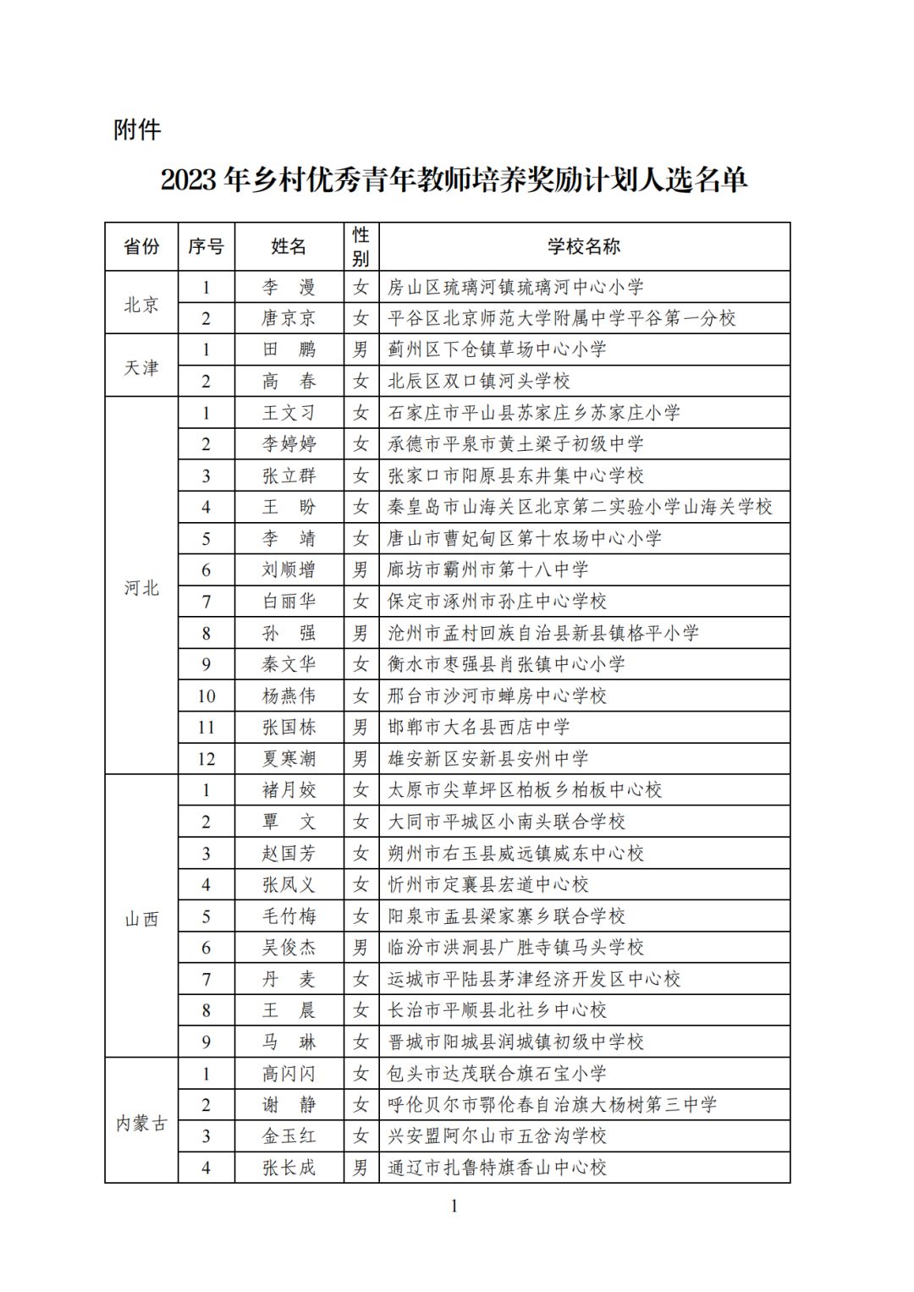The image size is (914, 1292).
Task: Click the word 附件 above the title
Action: coord(136,129)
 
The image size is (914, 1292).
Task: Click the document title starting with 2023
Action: coord(454,179)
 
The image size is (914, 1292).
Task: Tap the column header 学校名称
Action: coord(583,246)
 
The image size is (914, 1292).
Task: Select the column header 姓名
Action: coord(289,246)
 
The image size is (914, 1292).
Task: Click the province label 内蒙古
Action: coord(141,1122)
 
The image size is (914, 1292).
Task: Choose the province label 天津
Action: coord(141,366)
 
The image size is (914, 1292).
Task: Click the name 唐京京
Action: coord(289,318)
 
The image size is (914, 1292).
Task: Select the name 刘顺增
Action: coord(289,570)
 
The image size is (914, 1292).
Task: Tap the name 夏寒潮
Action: coord(289,759)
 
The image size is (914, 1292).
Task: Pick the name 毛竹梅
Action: coord(289,916)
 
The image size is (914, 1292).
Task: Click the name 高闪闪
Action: coord(289,1074)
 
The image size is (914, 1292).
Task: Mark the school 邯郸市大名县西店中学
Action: coord(479,728)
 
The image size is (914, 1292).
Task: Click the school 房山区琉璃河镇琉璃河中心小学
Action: coord(515,287)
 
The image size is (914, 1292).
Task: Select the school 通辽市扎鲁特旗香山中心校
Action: coord(498,1168)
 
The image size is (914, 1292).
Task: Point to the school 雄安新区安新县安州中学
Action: coord(488,759)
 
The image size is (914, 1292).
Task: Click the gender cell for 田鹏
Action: coord(361,349)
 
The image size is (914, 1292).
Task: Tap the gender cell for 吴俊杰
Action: coord(361,948)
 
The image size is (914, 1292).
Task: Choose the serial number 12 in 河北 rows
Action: coord(206,759)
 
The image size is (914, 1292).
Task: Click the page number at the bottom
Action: coord(454,1206)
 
